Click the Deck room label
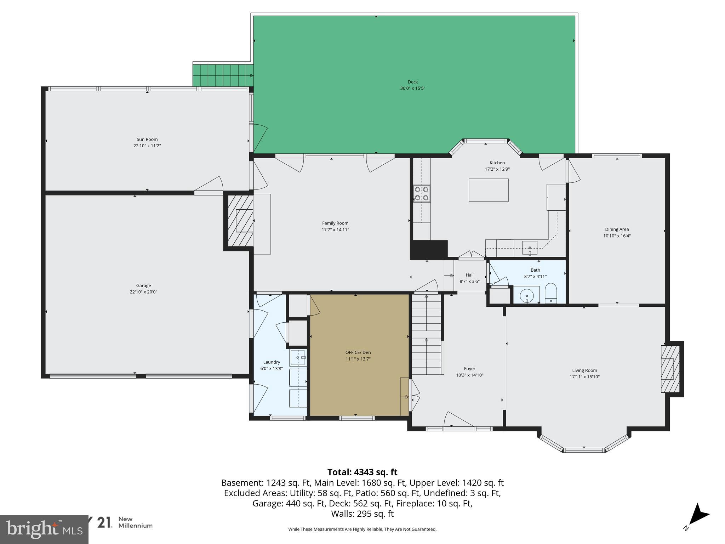tap(412, 82)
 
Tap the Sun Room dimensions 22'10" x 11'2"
tap(147, 146)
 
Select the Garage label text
tap(143, 285)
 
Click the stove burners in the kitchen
tap(422, 193)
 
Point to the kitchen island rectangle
tap(489, 190)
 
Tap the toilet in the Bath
tap(550, 294)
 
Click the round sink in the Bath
tap(527, 295)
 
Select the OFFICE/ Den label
tap(358, 352)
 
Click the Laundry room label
tap(272, 362)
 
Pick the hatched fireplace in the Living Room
tap(670, 369)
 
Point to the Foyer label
tap(469, 369)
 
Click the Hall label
tap(469, 275)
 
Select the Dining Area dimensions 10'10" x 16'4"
tap(617, 236)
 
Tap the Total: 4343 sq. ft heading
tap(362, 472)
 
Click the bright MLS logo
tap(44, 529)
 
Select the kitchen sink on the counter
tap(530, 248)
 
